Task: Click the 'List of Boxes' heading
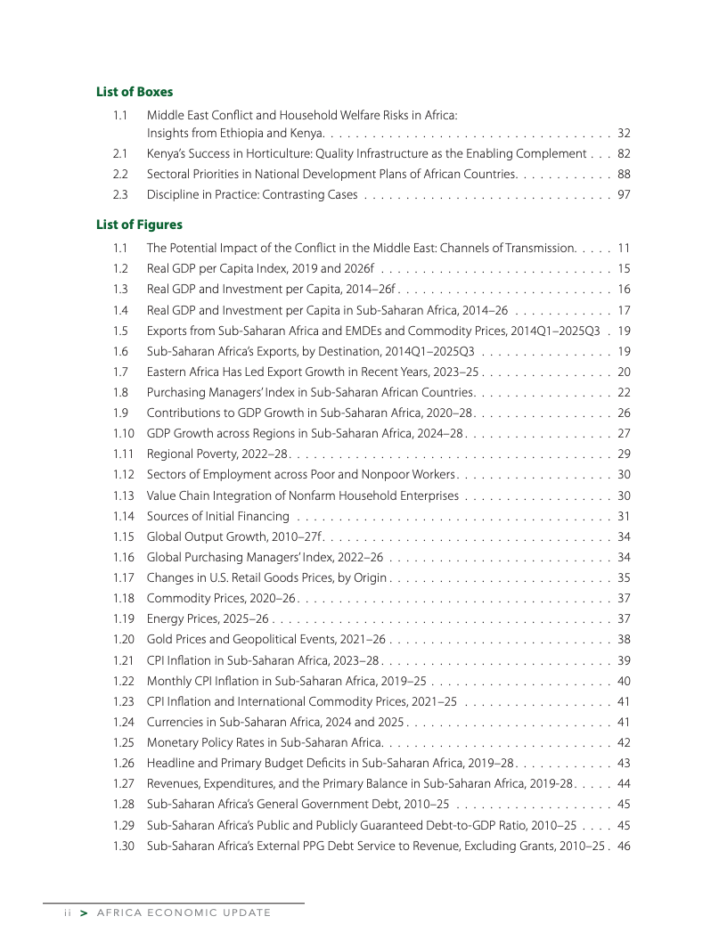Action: click(x=135, y=92)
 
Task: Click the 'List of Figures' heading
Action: click(x=139, y=225)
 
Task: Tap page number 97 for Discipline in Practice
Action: click(x=624, y=194)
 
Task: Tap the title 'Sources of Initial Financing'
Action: click(x=218, y=516)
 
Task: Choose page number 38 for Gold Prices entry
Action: click(x=624, y=640)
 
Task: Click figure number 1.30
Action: click(x=123, y=846)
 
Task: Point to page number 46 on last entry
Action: click(x=624, y=846)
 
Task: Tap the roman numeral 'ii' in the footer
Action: click(x=54, y=912)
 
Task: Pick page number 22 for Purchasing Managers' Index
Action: click(x=624, y=392)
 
